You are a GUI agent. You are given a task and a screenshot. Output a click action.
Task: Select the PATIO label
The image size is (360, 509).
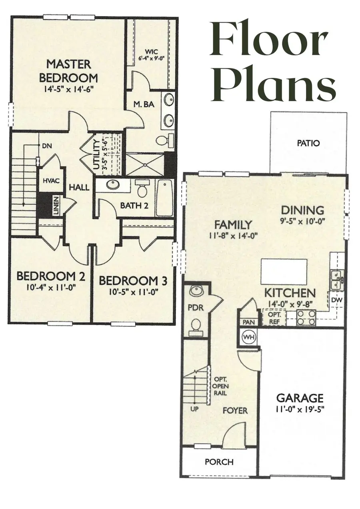309,143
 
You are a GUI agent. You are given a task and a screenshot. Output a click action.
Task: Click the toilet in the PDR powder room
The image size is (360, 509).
196,326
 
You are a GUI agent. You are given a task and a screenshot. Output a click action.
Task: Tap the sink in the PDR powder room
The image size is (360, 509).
196,291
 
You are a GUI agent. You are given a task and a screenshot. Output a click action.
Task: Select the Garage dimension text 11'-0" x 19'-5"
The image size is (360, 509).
300,409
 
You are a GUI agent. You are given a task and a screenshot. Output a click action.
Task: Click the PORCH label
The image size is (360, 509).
219,462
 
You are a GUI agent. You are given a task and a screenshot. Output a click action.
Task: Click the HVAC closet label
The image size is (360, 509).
51,181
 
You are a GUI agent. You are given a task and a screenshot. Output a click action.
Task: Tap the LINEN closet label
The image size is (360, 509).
56,206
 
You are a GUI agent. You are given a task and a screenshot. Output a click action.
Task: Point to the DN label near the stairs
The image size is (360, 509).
47,146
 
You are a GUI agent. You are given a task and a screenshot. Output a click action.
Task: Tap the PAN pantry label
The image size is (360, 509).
247,322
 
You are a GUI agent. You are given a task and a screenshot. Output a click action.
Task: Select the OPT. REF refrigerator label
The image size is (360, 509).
274,317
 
